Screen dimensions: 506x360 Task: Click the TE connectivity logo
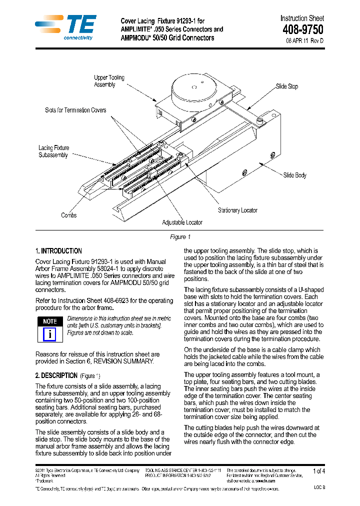65,27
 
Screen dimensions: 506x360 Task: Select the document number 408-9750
302,30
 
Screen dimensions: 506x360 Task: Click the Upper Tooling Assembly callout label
109,81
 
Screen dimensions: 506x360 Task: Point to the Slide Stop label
287,86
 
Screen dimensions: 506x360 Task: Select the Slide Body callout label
294,175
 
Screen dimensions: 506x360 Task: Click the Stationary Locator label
237,210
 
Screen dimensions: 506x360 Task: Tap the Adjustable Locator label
182,222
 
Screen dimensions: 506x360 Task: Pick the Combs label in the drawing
68,215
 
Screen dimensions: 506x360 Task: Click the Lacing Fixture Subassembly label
53,151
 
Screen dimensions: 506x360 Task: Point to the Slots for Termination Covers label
75,110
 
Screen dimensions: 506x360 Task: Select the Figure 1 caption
180,237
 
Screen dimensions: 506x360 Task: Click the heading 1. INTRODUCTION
58,251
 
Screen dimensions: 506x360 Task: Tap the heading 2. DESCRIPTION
56,375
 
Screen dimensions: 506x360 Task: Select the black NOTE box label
49,321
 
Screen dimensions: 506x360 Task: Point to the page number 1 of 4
318,471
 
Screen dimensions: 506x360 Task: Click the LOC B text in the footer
319,487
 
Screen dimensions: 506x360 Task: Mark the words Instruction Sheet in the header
302,18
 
